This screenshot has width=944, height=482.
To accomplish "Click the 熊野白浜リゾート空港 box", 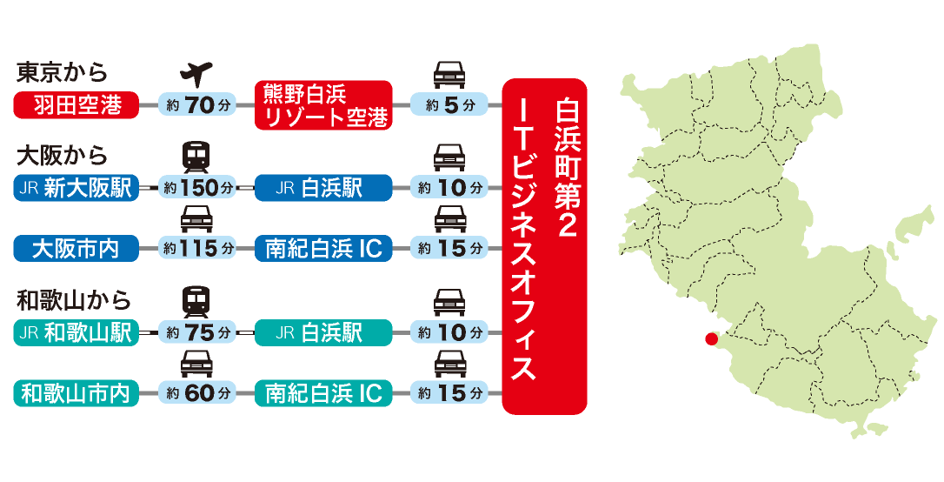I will [323, 106].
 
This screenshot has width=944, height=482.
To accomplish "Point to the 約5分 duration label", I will [449, 106].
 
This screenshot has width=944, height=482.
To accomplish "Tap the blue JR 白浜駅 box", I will [323, 189].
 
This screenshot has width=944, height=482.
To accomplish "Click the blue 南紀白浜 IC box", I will [323, 249].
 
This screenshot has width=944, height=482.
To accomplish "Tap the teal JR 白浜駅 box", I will [323, 333].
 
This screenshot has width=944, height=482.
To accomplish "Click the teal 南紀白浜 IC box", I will [323, 393].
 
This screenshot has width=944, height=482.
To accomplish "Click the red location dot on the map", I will [711, 338].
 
